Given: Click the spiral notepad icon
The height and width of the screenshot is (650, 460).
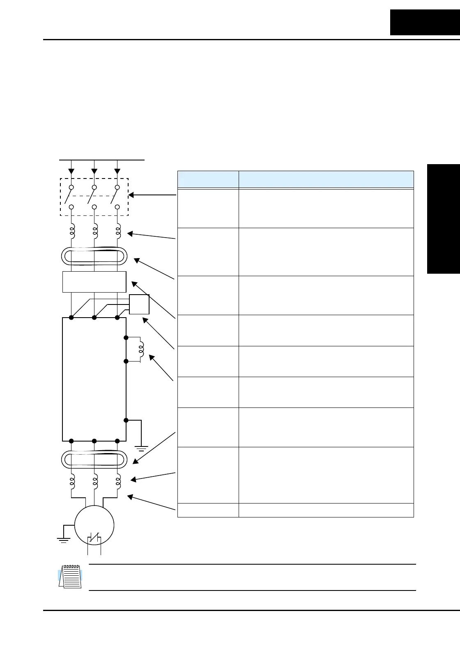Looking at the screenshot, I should click(70, 577).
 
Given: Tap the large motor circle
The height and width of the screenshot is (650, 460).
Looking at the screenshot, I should click(94, 525).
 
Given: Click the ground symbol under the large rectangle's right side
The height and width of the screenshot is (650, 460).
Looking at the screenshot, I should click(141, 447).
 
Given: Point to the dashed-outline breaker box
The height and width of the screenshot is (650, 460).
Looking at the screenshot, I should click(94, 197).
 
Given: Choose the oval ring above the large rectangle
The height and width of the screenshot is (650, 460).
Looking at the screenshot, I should click(94, 257).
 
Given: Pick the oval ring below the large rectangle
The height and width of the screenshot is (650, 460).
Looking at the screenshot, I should click(94, 459).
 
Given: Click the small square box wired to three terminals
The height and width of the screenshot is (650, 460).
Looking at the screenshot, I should click(139, 304).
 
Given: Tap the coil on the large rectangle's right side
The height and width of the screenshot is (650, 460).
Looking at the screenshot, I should click(141, 350).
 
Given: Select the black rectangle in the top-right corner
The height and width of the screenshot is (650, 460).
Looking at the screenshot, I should click(425, 22).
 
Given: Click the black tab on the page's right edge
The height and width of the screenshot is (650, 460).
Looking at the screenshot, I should click(444, 219).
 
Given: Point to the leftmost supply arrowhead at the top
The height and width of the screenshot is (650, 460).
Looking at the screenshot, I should click(71, 171).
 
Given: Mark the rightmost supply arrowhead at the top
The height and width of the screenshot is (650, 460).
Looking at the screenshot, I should click(117, 171).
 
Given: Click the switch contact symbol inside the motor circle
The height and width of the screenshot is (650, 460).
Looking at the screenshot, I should click(94, 538).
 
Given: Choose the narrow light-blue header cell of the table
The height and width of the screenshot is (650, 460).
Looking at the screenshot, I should click(208, 179).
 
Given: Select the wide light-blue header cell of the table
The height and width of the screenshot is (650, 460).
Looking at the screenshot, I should click(326, 179).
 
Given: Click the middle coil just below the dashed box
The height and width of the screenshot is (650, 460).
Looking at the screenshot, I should click(95, 231).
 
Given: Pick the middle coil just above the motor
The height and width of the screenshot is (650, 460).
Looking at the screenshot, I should click(95, 481).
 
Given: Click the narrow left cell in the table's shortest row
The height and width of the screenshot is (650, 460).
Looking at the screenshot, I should click(208, 510).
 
